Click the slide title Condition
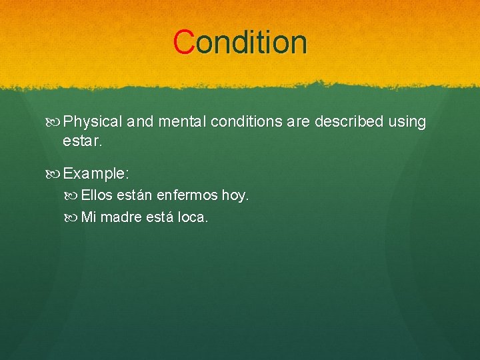pyautogui.click(x=240, y=42)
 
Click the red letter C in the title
pyautogui.click(x=183, y=42)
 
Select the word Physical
pyautogui.click(x=93, y=122)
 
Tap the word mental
pyautogui.click(x=181, y=122)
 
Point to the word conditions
pyautogui.click(x=245, y=122)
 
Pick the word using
pyautogui.click(x=407, y=122)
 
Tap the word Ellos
pyautogui.click(x=97, y=195)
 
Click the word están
pyautogui.click(x=135, y=195)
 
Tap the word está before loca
pyautogui.click(x=156, y=217)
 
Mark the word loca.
pyautogui.click(x=193, y=217)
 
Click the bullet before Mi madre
pyautogui.click(x=74, y=217)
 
